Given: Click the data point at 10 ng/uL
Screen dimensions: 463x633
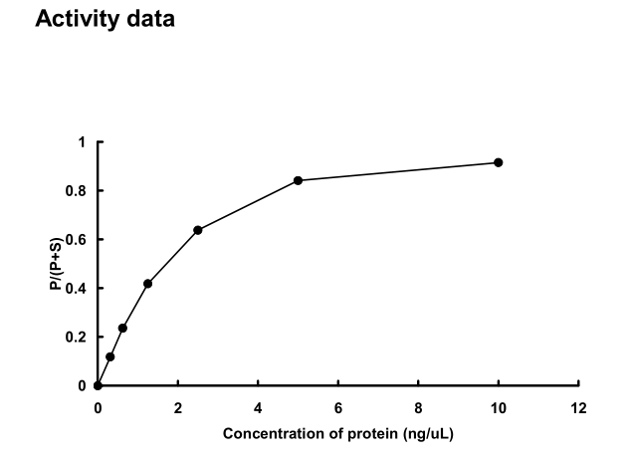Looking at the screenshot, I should pyautogui.click(x=499, y=162).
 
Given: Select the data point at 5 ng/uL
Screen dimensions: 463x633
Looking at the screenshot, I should pyautogui.click(x=299, y=180).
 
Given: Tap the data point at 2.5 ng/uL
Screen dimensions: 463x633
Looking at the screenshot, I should pyautogui.click(x=198, y=230).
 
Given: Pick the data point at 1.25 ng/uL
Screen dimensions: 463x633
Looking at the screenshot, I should pyautogui.click(x=148, y=284).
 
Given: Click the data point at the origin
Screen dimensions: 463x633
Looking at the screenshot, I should pyautogui.click(x=98, y=385).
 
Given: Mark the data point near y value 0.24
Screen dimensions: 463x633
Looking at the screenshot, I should pyautogui.click(x=122, y=328).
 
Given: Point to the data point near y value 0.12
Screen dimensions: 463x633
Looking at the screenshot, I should pyautogui.click(x=110, y=356).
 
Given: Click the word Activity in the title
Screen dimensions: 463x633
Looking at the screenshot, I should pyautogui.click(x=73, y=19).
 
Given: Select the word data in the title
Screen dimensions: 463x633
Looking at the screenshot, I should pyautogui.click(x=145, y=19).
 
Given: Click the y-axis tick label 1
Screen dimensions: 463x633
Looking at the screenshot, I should pyautogui.click(x=83, y=142).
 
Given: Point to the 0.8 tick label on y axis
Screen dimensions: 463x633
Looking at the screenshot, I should pyautogui.click(x=79, y=191).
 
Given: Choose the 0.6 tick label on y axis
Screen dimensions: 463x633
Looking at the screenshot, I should pyautogui.click(x=79, y=240).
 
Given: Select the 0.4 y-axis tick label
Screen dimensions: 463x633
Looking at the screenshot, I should pyautogui.click(x=79, y=289).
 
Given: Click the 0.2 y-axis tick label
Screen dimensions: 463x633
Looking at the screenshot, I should pyautogui.click(x=79, y=338).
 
